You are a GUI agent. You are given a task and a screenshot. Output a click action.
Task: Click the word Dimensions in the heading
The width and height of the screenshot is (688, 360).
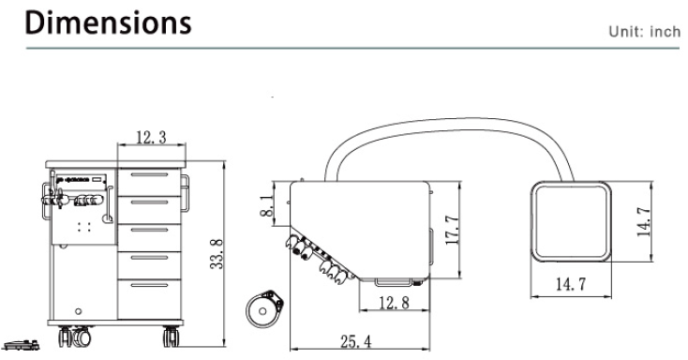(x=108, y=22)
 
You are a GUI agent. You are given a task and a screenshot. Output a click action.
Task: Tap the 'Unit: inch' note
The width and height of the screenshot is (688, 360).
(x=644, y=32)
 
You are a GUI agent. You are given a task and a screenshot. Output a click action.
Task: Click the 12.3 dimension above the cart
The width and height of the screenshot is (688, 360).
(x=151, y=138)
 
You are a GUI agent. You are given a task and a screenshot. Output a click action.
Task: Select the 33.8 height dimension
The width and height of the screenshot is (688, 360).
(x=217, y=254)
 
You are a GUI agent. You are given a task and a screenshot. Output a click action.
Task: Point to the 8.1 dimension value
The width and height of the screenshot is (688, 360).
(x=267, y=205)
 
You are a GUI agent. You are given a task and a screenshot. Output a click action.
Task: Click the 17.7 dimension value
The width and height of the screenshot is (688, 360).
(x=452, y=230)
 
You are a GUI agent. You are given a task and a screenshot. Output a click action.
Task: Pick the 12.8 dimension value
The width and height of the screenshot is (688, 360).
(x=394, y=303)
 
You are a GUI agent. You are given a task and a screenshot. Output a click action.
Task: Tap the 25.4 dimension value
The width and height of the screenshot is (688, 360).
(x=355, y=341)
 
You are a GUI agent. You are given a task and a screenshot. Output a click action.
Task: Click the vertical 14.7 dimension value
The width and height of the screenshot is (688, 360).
(x=645, y=221)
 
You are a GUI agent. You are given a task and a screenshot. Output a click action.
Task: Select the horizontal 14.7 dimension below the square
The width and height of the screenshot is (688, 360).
(x=571, y=284)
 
